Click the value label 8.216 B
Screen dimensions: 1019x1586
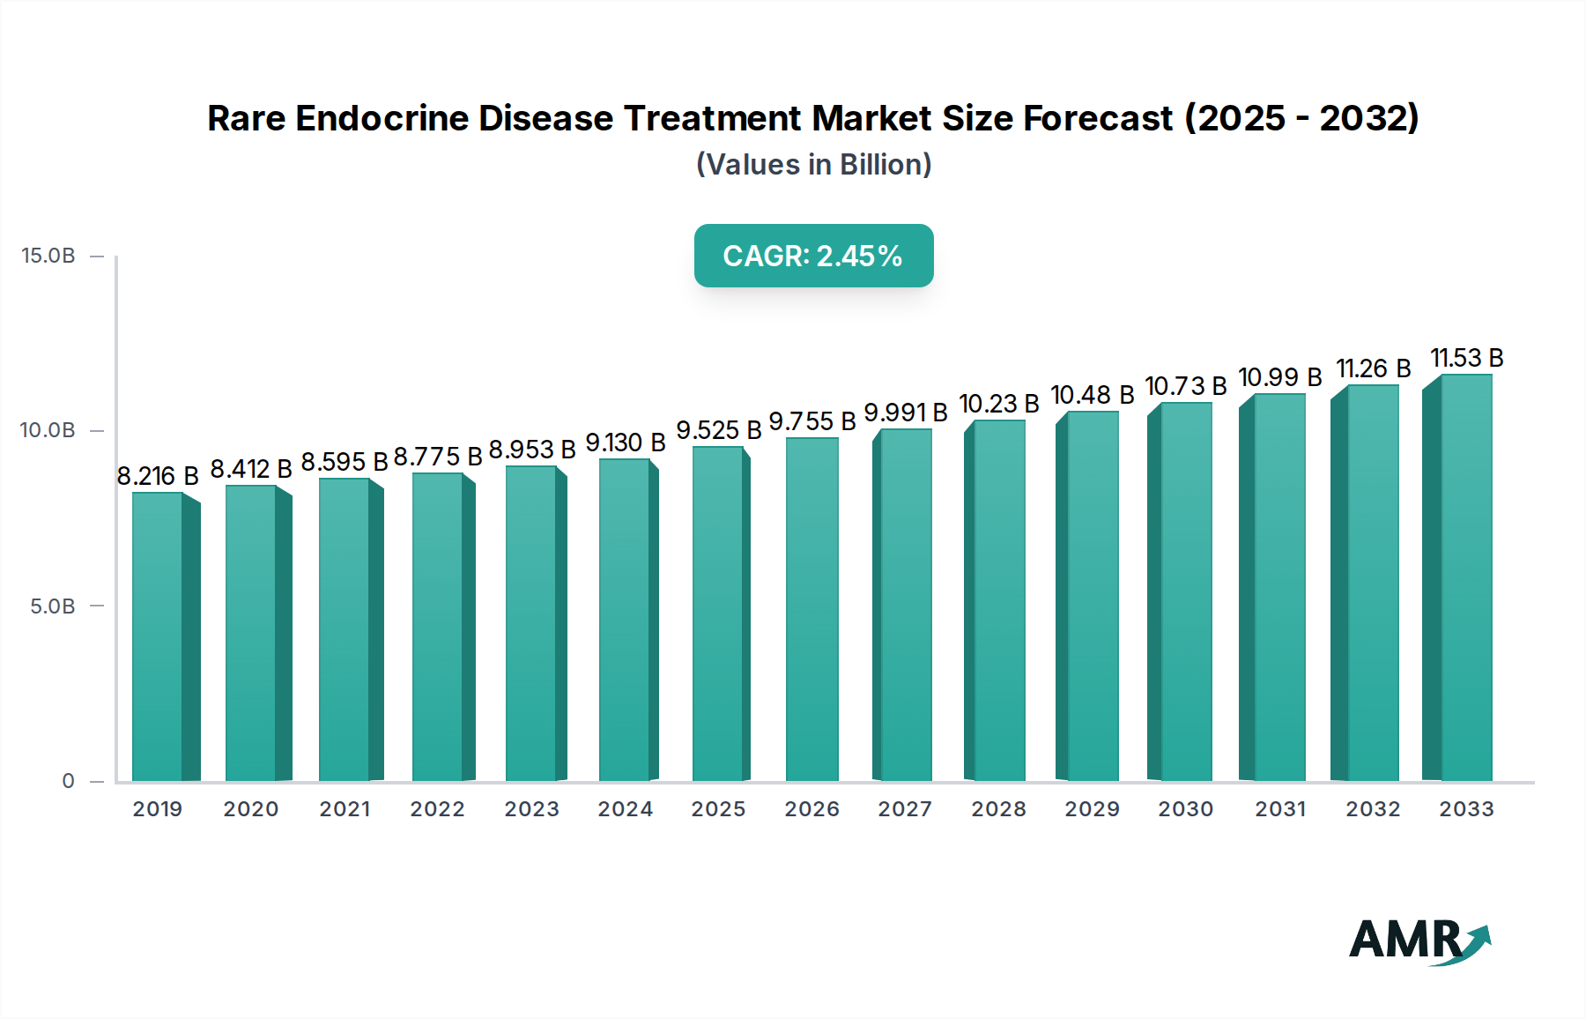(x=158, y=476)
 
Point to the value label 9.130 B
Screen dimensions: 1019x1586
(x=626, y=443)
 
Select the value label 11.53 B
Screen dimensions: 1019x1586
(x=1466, y=358)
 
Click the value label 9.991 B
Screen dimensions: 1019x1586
(x=905, y=413)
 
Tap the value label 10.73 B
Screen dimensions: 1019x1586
(x=1185, y=386)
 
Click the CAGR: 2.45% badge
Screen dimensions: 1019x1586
(x=813, y=256)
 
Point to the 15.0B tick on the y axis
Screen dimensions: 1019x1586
(x=48, y=256)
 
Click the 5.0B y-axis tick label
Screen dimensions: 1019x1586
(x=53, y=606)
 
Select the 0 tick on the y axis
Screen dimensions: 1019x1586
(x=69, y=781)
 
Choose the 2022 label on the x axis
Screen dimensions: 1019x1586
(x=437, y=809)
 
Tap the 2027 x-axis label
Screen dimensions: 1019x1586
(x=905, y=809)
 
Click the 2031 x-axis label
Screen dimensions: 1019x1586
(x=1280, y=809)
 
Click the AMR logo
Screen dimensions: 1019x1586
(x=1419, y=941)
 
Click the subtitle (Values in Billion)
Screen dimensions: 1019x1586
(x=813, y=165)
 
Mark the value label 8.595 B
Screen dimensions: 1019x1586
(x=345, y=462)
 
